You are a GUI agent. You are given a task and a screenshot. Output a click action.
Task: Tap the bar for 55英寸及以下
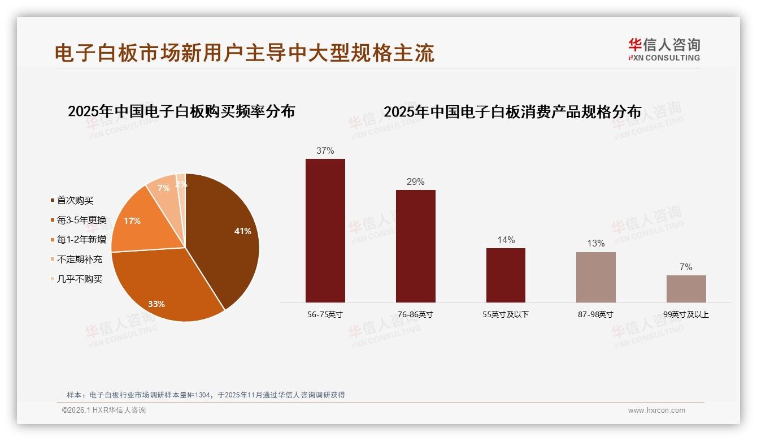[506, 275]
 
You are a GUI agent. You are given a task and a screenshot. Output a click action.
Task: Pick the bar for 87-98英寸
[596, 277]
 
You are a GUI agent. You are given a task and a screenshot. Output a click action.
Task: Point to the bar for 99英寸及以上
[686, 289]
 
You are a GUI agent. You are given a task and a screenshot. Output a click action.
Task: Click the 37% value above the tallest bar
[325, 151]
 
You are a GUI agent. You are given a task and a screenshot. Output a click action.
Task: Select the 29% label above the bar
[416, 182]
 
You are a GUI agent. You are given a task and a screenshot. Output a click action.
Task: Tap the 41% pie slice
[226, 232]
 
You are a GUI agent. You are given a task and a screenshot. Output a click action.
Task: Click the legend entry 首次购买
[75, 200]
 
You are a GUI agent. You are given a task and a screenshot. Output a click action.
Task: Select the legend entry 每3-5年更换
[81, 220]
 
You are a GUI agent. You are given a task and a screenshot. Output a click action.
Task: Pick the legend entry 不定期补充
[80, 260]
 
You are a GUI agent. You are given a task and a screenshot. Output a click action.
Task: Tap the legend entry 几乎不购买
[80, 279]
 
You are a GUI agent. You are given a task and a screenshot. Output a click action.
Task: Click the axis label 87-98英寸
[595, 314]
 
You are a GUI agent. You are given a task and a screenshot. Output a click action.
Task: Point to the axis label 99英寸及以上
[686, 314]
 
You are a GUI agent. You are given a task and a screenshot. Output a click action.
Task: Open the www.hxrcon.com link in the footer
[656, 410]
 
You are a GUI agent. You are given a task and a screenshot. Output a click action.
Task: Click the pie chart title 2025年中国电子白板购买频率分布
[181, 111]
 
